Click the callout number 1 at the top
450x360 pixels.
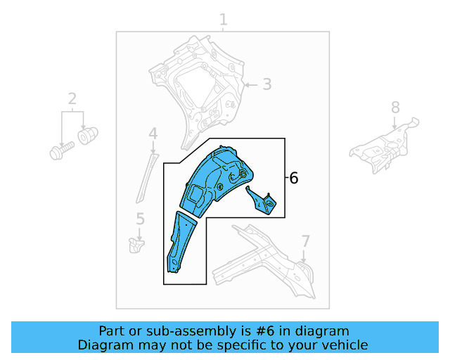224,20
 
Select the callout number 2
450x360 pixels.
72,98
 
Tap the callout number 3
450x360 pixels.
267,84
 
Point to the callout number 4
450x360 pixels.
153,134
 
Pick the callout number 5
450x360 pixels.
140,219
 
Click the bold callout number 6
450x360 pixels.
294,178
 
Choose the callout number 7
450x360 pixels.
305,241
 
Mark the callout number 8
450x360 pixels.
395,108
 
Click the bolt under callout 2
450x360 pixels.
62,150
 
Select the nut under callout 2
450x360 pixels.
87,135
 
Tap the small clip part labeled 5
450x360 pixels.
136,245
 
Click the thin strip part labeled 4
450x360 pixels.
147,179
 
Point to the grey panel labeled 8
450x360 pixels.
384,147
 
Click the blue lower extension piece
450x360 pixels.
180,242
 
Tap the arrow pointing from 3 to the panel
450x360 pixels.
250,85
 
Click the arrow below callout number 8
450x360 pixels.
395,122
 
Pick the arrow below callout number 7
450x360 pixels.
304,256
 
